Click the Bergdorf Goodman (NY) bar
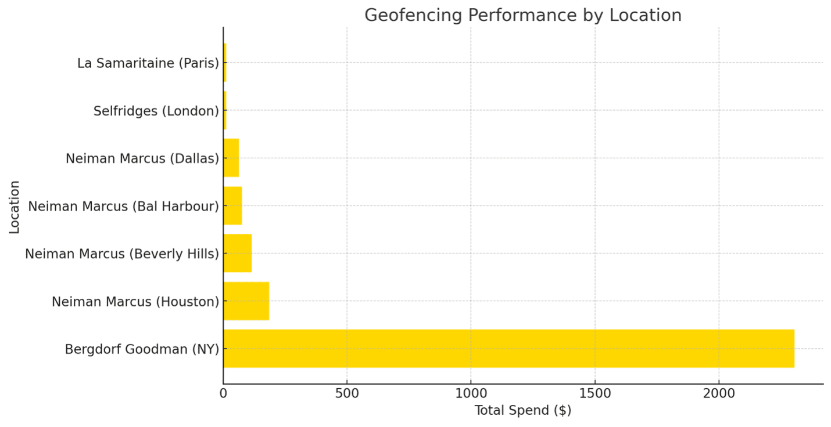click(x=508, y=348)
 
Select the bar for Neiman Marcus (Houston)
click(x=246, y=301)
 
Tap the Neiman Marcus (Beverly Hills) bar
click(x=238, y=253)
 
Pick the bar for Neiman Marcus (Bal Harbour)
click(x=232, y=205)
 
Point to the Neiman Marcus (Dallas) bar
click(x=231, y=158)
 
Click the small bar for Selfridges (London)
click(x=225, y=110)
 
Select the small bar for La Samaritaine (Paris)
click(x=225, y=63)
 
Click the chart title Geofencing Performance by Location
click(x=522, y=15)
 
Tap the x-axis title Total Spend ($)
click(x=522, y=411)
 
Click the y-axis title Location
click(x=15, y=207)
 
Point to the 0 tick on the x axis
click(x=223, y=393)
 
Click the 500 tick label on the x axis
click(x=347, y=393)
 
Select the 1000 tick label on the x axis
click(x=471, y=393)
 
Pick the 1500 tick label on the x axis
click(x=595, y=393)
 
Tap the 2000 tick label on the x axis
click(x=719, y=393)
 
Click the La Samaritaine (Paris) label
click(x=148, y=63)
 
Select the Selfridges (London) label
click(x=156, y=111)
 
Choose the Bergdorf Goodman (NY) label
click(x=142, y=349)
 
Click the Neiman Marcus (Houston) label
click(x=135, y=302)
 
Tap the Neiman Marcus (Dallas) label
click(x=142, y=158)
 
